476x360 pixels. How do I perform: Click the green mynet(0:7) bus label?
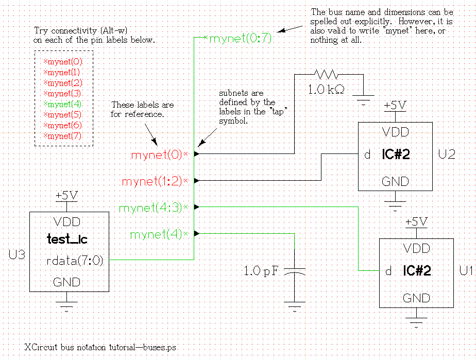point(240,39)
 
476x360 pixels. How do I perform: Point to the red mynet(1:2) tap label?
point(152,181)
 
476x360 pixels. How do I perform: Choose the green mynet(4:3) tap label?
point(150,208)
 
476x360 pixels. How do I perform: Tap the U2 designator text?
point(447,155)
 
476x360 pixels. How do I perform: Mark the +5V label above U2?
point(395,106)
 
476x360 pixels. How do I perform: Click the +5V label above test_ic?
point(67,196)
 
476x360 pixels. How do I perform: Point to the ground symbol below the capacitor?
point(295,308)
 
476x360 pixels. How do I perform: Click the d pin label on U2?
point(367,155)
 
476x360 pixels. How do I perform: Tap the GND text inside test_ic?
point(67,282)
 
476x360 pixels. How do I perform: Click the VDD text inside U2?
point(395,132)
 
